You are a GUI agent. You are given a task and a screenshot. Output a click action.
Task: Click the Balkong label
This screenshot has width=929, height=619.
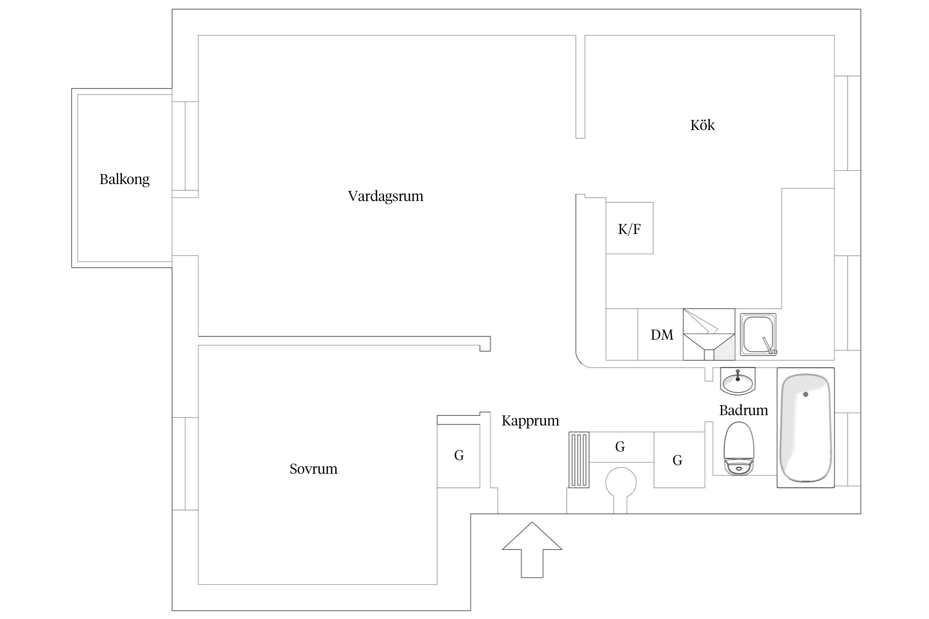[x=124, y=180]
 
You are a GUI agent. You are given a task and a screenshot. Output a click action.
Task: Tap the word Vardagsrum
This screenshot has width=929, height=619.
[x=386, y=196]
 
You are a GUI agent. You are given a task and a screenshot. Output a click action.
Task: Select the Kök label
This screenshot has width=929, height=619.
[x=702, y=125]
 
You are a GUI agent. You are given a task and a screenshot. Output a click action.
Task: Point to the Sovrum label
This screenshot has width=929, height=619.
[x=313, y=469]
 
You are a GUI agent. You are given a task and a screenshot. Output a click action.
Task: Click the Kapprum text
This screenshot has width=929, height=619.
[x=530, y=421]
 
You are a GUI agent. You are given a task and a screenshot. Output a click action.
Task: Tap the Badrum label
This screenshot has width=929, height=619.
[x=743, y=410]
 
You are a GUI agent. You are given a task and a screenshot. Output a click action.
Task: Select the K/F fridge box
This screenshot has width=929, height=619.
[x=629, y=228]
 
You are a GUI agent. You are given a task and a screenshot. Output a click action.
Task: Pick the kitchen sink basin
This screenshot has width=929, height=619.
[x=757, y=334]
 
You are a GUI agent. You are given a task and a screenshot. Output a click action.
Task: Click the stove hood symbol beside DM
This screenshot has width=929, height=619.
[x=709, y=335]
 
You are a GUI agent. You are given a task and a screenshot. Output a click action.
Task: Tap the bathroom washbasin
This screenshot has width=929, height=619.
[x=737, y=381]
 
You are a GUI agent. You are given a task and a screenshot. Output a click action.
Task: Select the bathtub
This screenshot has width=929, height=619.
[x=805, y=428]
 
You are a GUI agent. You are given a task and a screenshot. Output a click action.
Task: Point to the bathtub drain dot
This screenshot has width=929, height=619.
[x=806, y=395]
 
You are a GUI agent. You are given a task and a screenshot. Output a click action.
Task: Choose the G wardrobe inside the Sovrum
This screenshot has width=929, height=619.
[x=459, y=456]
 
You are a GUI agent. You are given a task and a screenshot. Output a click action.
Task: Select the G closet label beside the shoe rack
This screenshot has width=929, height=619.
[x=620, y=447]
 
